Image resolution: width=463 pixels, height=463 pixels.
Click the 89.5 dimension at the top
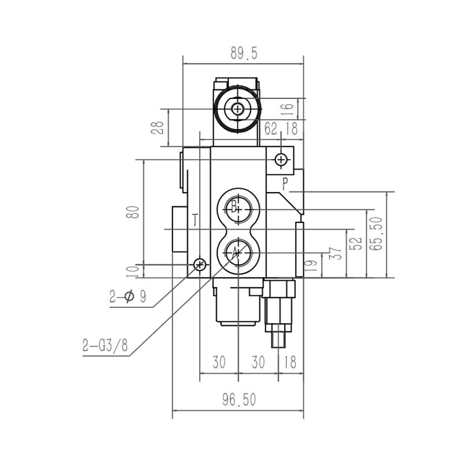point(244,53)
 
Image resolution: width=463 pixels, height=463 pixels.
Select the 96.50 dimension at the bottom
point(239,400)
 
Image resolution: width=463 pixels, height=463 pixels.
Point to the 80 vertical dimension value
point(133,212)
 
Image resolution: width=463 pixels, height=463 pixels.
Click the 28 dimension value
point(157,128)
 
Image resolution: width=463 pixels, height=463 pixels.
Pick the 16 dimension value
point(288,109)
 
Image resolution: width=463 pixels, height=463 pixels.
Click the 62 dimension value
point(271,128)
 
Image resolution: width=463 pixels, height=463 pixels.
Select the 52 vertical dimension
point(356,243)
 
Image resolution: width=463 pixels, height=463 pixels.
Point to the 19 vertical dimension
point(312,265)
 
